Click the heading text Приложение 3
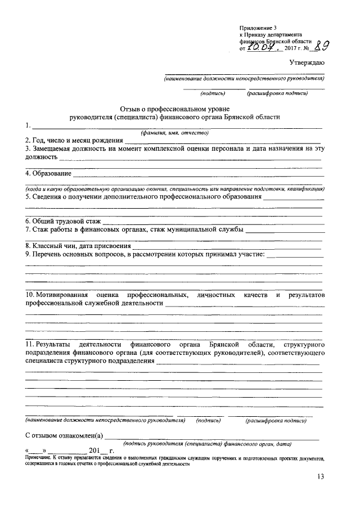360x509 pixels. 258,27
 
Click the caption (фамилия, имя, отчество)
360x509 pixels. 174,133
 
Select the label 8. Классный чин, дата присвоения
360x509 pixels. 78,246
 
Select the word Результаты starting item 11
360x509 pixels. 54,343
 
